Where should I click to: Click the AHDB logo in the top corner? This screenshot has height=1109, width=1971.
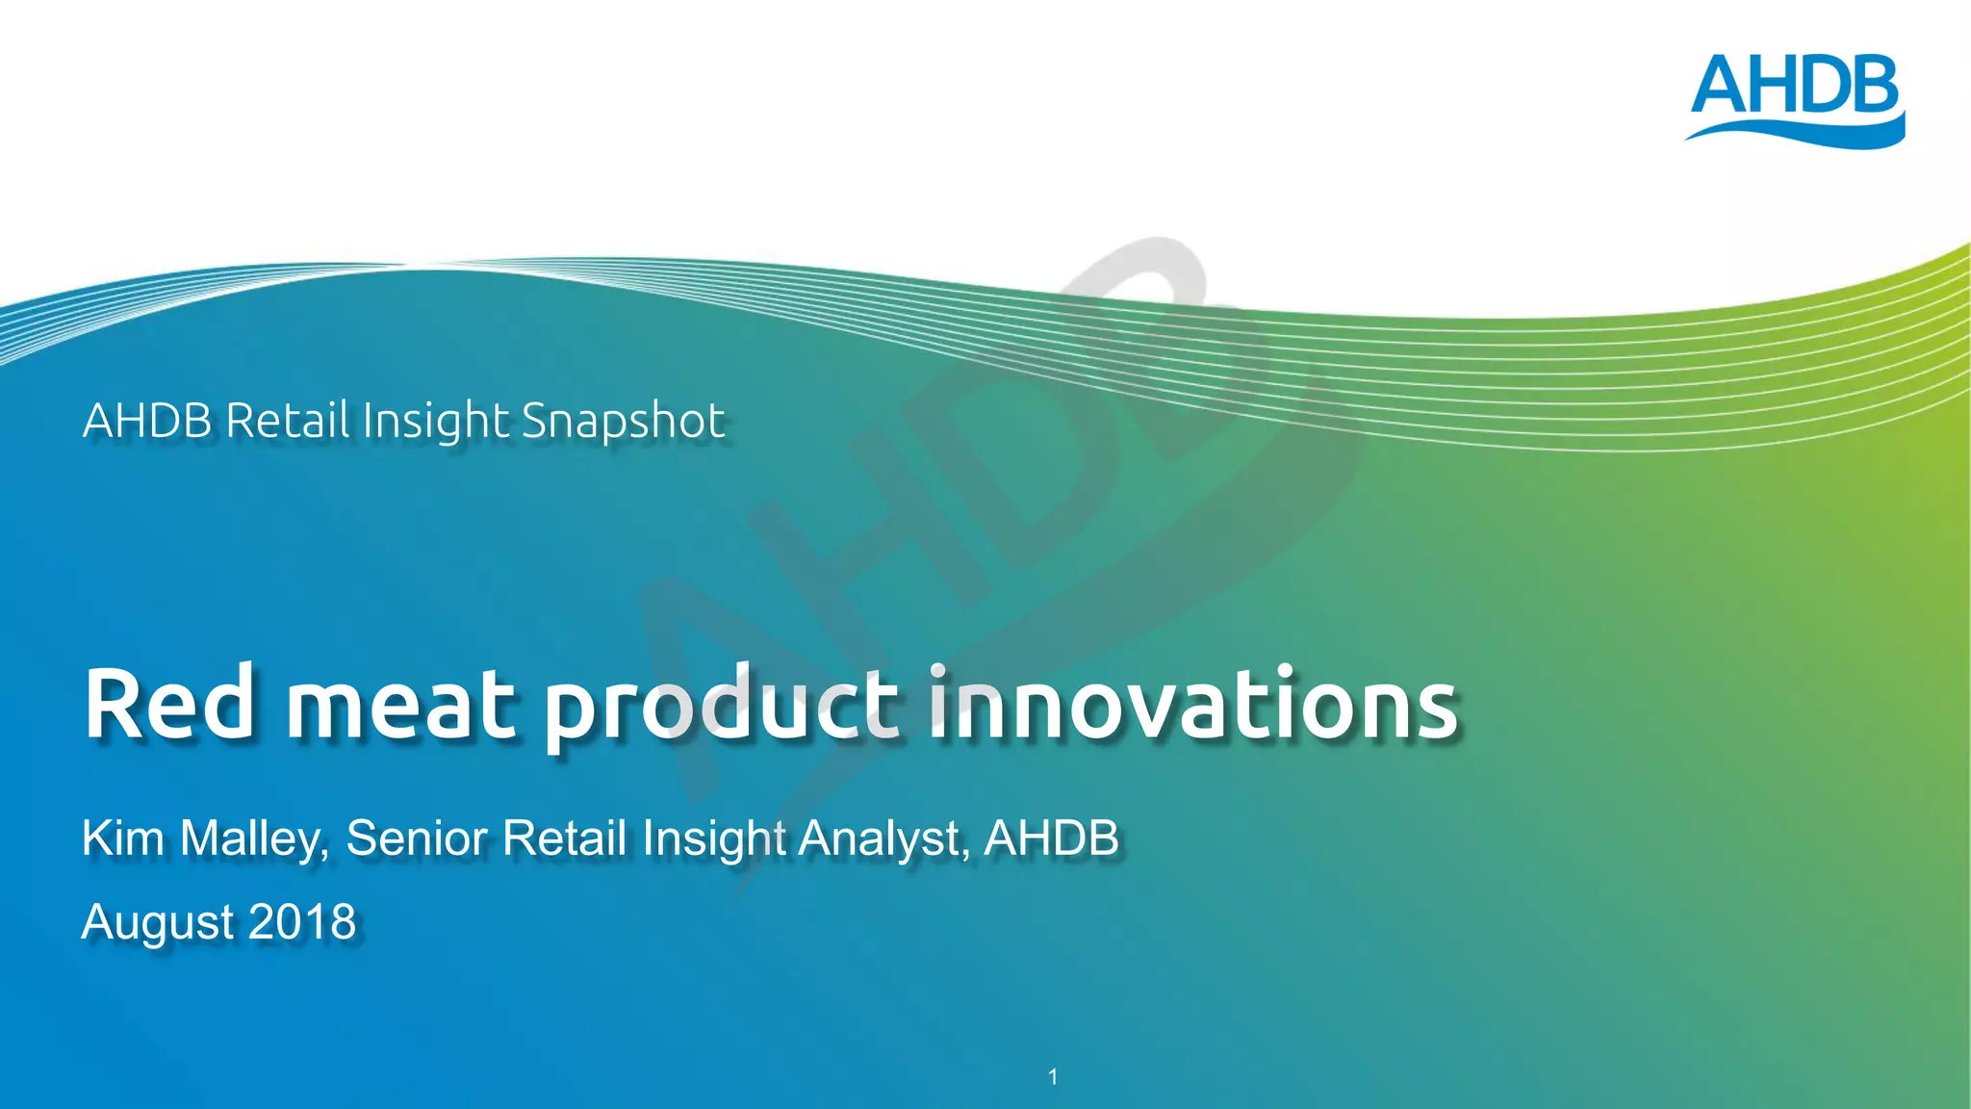pos(1795,100)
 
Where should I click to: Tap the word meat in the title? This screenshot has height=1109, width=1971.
pos(400,708)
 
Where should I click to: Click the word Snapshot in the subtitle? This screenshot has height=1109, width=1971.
pos(623,423)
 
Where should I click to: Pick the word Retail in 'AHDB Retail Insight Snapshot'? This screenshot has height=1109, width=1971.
pos(288,421)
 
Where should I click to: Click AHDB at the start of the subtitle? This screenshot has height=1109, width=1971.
pos(147,421)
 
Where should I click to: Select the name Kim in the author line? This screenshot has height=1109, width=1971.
pos(123,838)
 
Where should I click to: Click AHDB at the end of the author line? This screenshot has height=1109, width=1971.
pos(1051,838)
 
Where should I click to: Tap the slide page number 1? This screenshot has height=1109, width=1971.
pos(1053,1076)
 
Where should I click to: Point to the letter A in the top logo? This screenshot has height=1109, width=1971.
pos(1722,86)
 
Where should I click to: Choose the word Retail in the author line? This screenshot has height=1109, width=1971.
pos(565,838)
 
